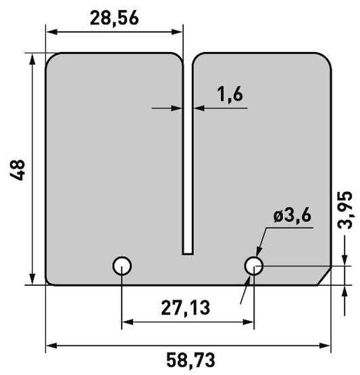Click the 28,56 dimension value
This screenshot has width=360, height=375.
[x=114, y=19]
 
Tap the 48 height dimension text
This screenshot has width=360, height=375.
[x=17, y=170]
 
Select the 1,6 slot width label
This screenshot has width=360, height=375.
[x=230, y=95]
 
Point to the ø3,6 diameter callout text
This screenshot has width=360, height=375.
[x=292, y=216]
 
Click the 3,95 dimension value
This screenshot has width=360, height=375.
[x=344, y=210]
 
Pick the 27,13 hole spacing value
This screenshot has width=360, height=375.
[x=186, y=308]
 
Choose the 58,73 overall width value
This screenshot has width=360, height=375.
[x=190, y=360]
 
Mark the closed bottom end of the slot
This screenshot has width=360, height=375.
[x=188, y=254]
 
